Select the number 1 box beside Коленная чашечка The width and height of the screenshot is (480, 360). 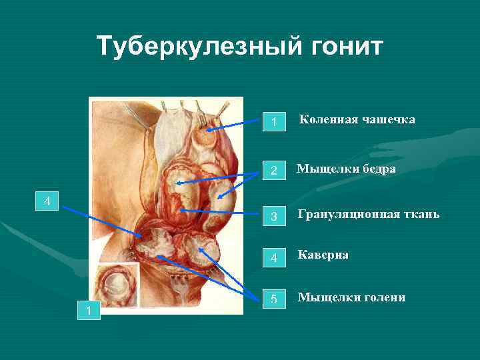273,122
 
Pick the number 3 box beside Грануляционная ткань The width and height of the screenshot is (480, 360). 273,216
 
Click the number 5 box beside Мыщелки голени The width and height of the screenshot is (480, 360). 273,299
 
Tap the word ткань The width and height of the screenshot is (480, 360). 420,215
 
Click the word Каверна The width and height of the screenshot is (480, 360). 323,255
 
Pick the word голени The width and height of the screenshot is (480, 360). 381,297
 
